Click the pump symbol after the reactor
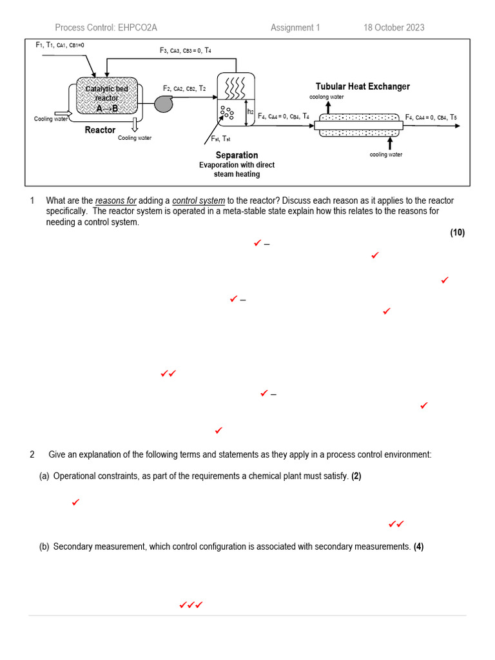click(164, 104)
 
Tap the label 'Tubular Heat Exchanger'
click(362, 86)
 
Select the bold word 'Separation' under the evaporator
click(237, 155)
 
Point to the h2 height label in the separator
click(250, 112)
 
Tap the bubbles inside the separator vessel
click(227, 113)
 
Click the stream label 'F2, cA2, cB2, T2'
click(184, 89)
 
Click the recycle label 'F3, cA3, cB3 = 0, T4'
click(185, 50)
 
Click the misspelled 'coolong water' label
click(327, 97)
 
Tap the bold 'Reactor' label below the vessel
click(100, 130)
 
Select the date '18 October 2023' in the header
click(394, 27)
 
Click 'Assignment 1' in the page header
click(295, 27)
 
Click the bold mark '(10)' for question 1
click(457, 233)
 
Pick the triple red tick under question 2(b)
click(191, 605)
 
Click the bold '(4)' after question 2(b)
click(418, 547)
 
